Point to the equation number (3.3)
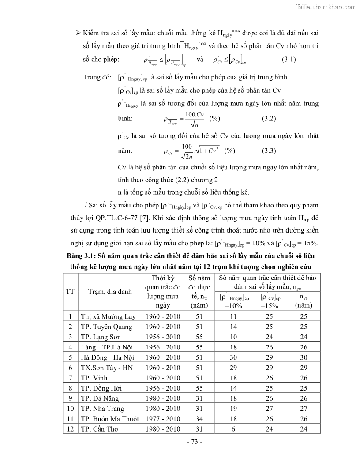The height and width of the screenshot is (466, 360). [x=269, y=150]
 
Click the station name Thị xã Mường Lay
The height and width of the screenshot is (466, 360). [x=109, y=316]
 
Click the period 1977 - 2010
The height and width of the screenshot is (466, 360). [x=162, y=419]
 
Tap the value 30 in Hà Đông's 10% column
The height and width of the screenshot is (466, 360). [x=233, y=357]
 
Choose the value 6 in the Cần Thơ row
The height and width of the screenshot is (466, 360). [x=233, y=429]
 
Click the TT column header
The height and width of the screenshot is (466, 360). [x=70, y=291]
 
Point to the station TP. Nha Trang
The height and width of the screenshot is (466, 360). [x=103, y=409]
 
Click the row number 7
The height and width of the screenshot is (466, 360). [x=70, y=378]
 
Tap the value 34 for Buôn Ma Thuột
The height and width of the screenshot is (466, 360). [x=199, y=419]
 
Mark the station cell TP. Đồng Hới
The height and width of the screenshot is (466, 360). [x=101, y=388]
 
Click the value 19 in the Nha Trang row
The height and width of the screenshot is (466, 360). [x=233, y=409]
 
